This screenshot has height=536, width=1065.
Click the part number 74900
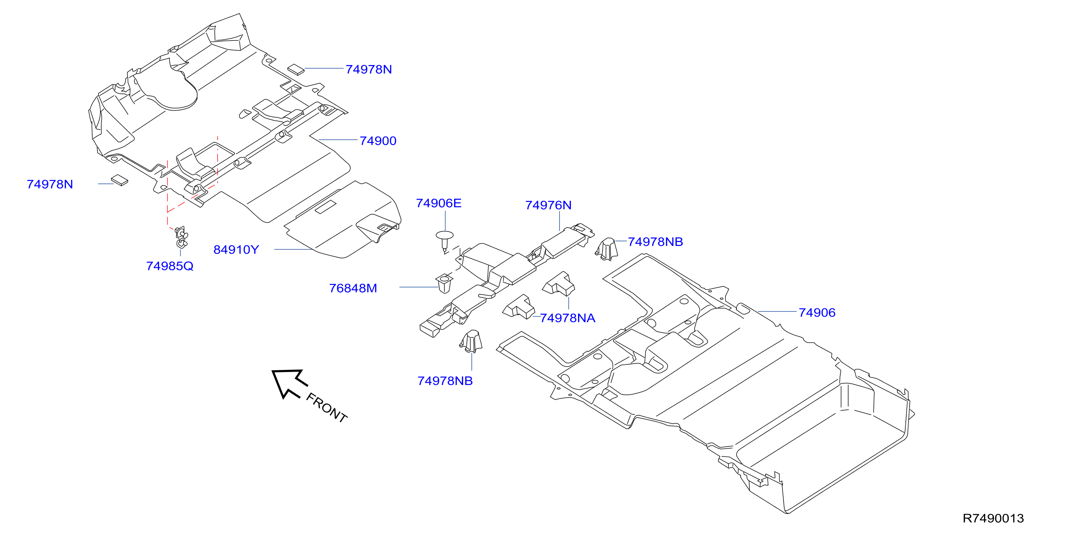(x=378, y=141)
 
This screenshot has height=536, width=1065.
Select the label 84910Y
(x=236, y=250)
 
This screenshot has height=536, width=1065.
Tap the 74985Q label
(x=169, y=266)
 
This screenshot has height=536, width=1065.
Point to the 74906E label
(x=439, y=203)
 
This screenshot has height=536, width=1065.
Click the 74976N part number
(x=548, y=206)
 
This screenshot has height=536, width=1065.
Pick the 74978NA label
(x=568, y=318)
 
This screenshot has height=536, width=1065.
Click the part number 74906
(x=817, y=312)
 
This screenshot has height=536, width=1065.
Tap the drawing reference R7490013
(x=993, y=518)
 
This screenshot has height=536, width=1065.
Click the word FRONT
(x=327, y=408)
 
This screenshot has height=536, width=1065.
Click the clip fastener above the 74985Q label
(x=181, y=237)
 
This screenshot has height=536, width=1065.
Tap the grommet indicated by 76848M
(x=444, y=283)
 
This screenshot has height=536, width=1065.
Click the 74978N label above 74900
(x=369, y=69)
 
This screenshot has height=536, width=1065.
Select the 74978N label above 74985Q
(x=49, y=184)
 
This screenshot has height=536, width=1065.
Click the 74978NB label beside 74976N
(x=655, y=242)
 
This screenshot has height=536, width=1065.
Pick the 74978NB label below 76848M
(x=445, y=381)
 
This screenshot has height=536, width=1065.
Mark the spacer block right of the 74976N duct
(x=607, y=249)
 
